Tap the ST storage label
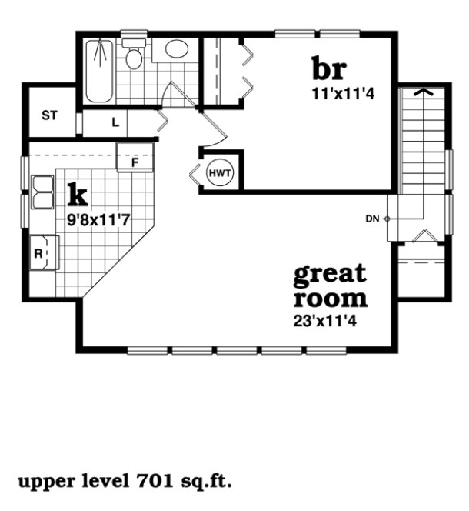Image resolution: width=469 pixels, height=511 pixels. coord(50,116)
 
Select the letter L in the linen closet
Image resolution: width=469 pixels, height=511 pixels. coord(115,122)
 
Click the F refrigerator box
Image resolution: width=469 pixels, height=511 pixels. coord(135,162)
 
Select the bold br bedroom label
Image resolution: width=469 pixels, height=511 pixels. coord(329,68)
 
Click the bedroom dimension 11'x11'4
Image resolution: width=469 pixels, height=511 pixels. coord(335,95)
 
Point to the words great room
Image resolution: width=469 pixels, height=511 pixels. coord(330,286)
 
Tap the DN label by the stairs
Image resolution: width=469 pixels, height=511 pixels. coord(372,219)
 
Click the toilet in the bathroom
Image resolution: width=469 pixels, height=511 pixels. coord(134,55)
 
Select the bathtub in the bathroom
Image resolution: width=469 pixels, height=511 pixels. coord(99,72)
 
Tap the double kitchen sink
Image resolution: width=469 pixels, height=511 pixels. coord(42,192)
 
